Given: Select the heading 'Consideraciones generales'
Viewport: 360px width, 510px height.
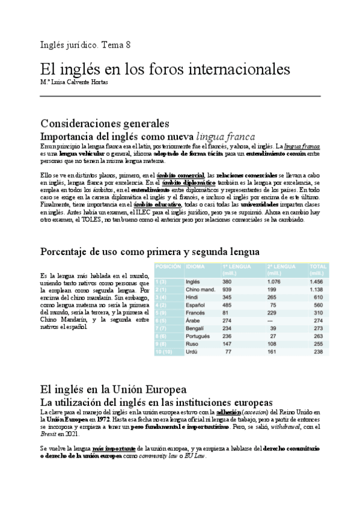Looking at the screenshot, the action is click(105, 124).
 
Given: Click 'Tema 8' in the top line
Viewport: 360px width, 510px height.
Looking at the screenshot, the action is click(117, 45).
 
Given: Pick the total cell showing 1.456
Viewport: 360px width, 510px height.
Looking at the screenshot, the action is click(315, 281).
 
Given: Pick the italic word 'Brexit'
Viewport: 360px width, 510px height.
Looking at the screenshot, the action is click(49, 434).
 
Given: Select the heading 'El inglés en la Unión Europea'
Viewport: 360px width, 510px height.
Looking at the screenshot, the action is click(113, 390).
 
